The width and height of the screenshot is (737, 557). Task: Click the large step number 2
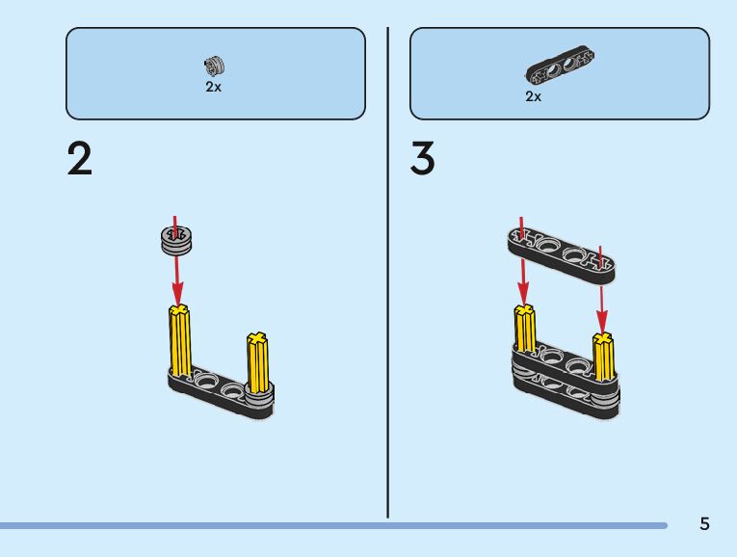tap(80, 159)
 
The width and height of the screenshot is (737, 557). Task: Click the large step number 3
tap(422, 159)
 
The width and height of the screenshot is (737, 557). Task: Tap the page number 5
tap(704, 524)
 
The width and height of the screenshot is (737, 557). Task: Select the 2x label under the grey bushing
tap(213, 87)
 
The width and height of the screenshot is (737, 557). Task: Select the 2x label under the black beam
tap(533, 96)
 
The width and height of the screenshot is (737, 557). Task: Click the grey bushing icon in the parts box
tap(214, 66)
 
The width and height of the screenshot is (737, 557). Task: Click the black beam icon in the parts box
tap(562, 68)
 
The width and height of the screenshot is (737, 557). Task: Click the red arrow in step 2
tap(175, 275)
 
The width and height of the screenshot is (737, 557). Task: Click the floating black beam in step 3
tap(561, 254)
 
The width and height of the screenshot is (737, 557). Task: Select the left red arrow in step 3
tap(522, 275)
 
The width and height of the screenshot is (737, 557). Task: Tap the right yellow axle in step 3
tap(603, 357)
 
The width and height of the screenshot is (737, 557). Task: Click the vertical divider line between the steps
tap(388, 270)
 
